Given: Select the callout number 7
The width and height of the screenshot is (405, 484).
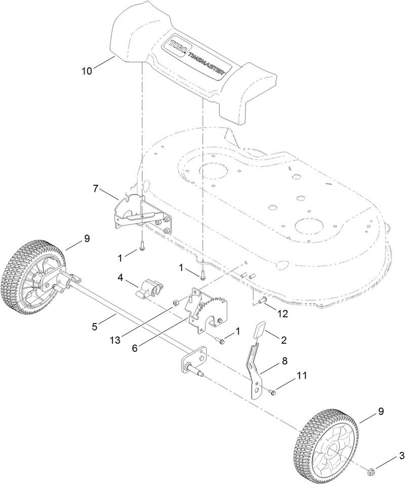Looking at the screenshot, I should (x=95, y=188).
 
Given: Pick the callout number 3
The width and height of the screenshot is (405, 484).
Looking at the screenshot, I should (x=401, y=456).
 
